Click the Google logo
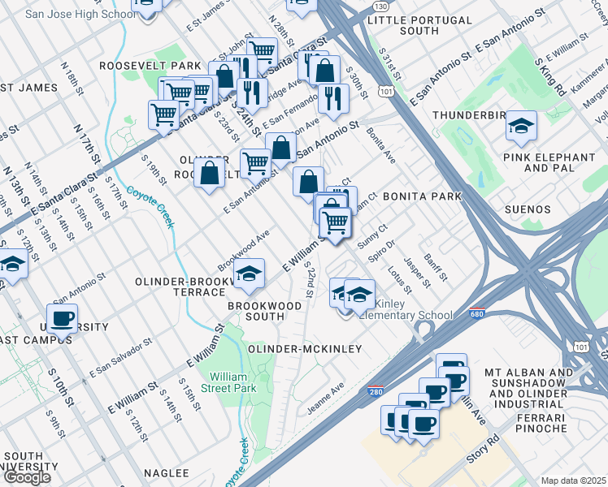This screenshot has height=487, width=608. pyautogui.click(x=26, y=477)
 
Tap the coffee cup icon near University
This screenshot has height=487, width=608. pyautogui.click(x=62, y=318)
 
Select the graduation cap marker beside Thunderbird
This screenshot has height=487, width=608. pyautogui.click(x=520, y=127)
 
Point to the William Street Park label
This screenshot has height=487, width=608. pyautogui.click(x=232, y=382)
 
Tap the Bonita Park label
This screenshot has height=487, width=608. pyautogui.click(x=422, y=196)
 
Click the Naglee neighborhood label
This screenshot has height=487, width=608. pyautogui.click(x=166, y=472)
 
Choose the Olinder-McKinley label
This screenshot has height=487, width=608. pyautogui.click(x=304, y=348)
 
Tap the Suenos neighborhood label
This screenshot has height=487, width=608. pyautogui.click(x=528, y=209)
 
